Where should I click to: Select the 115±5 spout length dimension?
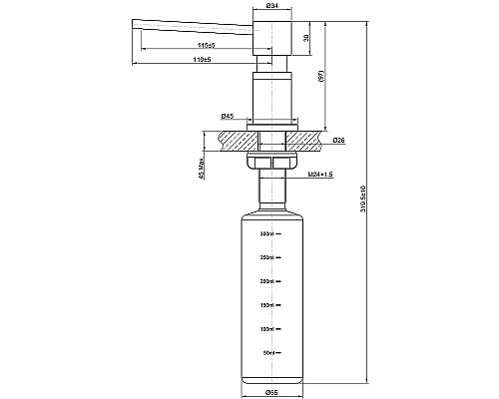[207, 45]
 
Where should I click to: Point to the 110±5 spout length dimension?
[201, 60]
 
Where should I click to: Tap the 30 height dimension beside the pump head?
[304, 40]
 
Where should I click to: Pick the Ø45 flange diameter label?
[229, 118]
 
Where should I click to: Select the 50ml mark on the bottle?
[267, 352]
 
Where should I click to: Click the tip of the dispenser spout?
[133, 22]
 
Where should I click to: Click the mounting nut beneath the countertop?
[269, 161]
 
